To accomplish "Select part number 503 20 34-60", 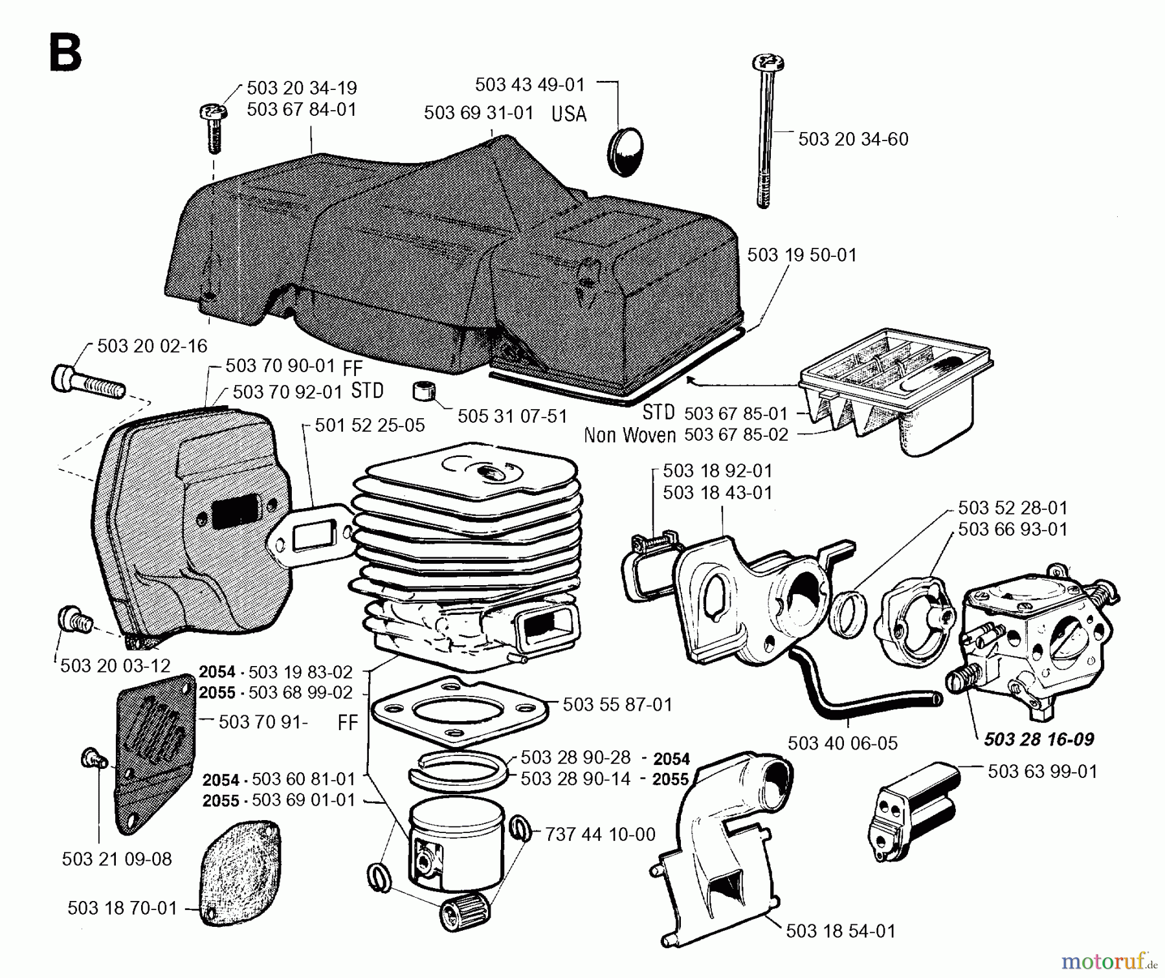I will tap(853, 139).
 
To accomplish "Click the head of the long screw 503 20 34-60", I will tap(769, 63).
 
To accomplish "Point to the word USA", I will tap(569, 115).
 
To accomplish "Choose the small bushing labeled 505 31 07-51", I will tap(424, 392).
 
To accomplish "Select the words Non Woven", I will tap(629, 435).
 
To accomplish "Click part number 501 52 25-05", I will tap(370, 425).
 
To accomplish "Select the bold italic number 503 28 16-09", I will tap(1038, 739).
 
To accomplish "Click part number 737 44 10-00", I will tap(600, 834).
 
